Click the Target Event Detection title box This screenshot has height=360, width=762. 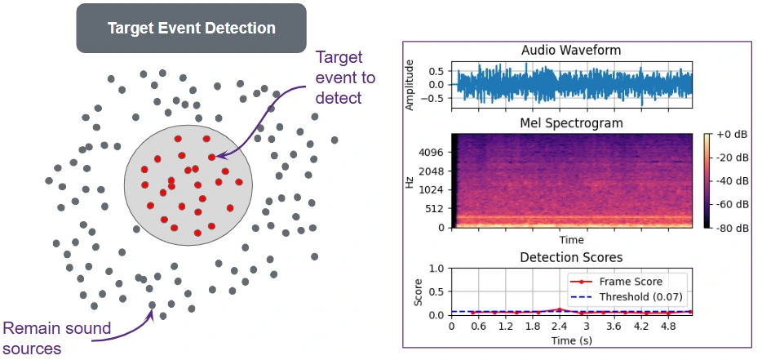point(191,28)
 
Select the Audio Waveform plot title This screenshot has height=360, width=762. point(571,51)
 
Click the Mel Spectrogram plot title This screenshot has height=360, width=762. point(571,123)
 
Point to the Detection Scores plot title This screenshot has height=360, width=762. point(571,258)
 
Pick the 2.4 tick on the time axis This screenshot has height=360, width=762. point(559,327)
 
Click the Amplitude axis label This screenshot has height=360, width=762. point(410,84)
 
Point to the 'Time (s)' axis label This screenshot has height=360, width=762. point(571,340)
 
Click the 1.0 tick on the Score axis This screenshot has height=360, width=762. point(436,268)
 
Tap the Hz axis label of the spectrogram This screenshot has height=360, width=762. point(410,180)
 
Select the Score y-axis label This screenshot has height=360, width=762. point(418,291)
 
